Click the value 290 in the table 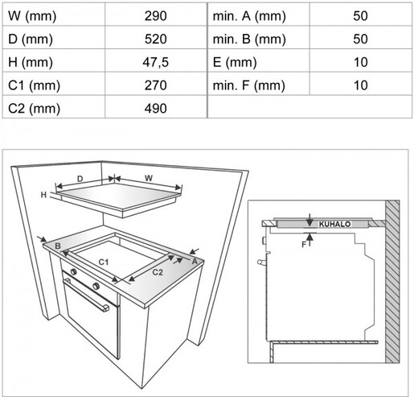click(x=155, y=16)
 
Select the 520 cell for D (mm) click(x=155, y=39)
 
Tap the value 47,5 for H click(x=155, y=62)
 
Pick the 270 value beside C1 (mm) click(x=155, y=85)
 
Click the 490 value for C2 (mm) click(x=155, y=109)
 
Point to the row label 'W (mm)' click(x=32, y=16)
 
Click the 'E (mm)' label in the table click(x=235, y=63)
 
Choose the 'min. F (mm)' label click(x=248, y=85)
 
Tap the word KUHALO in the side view click(x=334, y=224)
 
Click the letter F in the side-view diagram click(x=304, y=245)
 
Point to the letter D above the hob click(x=80, y=179)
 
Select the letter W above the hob click(x=149, y=178)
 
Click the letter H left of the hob click(x=43, y=195)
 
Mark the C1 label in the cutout click(x=104, y=262)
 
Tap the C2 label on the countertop click(x=158, y=272)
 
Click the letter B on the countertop click(x=58, y=246)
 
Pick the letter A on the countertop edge click(x=195, y=261)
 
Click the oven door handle click(x=86, y=295)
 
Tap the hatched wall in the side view click(x=392, y=282)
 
